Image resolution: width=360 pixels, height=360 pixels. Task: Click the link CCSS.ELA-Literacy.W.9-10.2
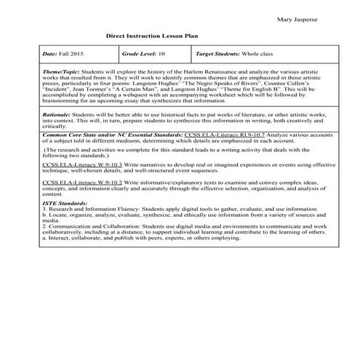[72, 182]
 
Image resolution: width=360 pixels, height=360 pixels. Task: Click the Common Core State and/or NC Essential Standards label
[113, 135]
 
